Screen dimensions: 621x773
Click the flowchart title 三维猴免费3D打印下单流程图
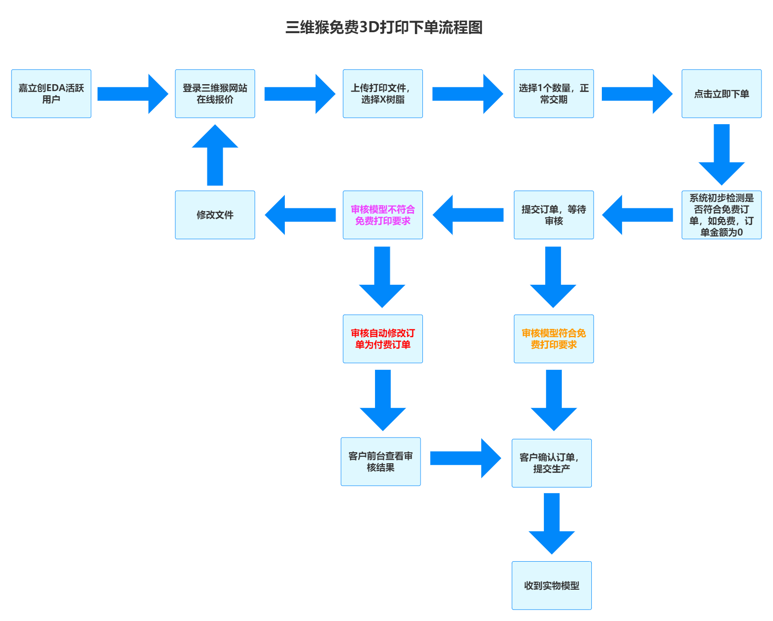[384, 28]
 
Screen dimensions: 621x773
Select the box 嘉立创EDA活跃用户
[51, 94]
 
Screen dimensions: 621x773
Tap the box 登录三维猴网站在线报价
[215, 94]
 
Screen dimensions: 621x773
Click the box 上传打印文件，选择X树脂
[383, 94]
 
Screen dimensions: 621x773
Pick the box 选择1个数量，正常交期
[554, 94]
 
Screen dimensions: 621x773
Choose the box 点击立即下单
[721, 94]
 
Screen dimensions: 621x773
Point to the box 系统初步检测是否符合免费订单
[721, 215]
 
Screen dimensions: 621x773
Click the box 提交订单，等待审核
[554, 215]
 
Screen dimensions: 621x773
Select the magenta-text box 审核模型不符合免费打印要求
[383, 215]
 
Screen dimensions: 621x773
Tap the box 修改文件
[215, 215]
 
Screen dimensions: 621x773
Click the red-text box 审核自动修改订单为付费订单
[383, 339]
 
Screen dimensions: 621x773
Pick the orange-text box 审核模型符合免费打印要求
[554, 339]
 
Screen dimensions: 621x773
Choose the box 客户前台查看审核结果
[381, 462]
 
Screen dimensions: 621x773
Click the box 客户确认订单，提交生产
[552, 463]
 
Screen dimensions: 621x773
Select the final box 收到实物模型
[552, 586]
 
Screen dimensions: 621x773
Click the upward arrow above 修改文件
[215, 156]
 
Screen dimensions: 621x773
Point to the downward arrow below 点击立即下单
[721, 154]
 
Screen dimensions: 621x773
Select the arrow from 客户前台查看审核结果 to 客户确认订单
[465, 458]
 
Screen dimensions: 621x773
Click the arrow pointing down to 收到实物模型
[552, 523]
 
